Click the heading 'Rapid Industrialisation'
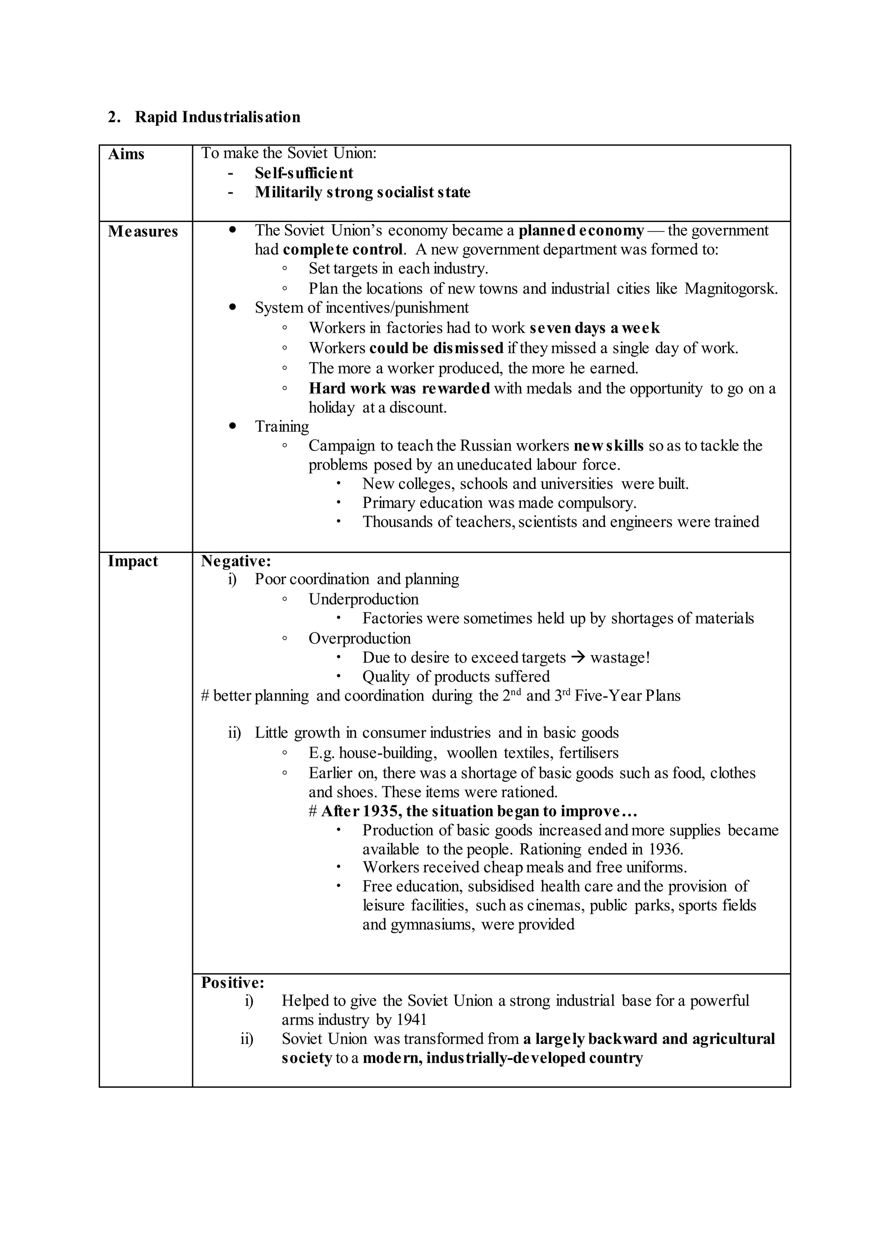pos(218,117)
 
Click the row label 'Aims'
pos(126,155)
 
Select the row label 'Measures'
pos(143,232)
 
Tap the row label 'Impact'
pos(133,561)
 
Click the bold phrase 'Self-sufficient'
pos(304,173)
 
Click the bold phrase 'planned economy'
pos(581,231)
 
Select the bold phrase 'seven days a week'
pos(594,328)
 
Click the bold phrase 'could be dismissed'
pos(436,348)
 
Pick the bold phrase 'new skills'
pos(608,445)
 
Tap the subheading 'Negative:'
pos(236,561)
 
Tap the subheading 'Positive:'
pos(232,983)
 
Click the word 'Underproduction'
pos(363,599)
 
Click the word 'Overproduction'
pos(359,638)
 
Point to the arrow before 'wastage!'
pos(578,658)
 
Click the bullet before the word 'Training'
pos(233,425)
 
